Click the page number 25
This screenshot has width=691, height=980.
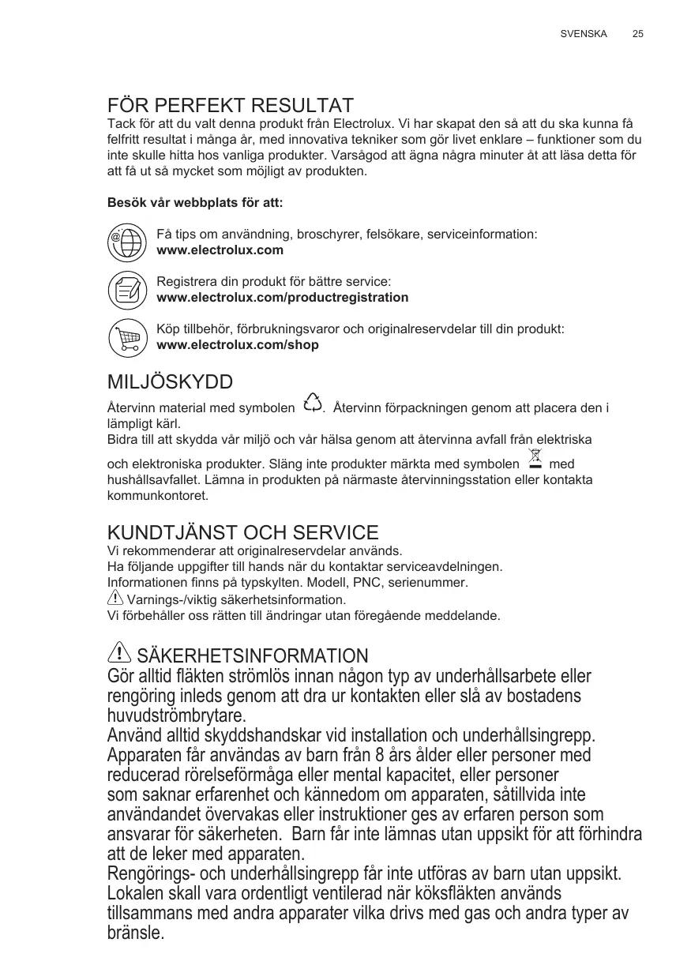pos(637,35)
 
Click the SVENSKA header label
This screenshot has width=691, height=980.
pos(584,35)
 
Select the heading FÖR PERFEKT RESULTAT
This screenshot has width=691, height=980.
pos(230,106)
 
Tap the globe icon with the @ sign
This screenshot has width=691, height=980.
pos(127,242)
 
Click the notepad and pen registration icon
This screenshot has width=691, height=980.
pos(127,290)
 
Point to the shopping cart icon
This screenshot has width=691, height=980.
pos(127,337)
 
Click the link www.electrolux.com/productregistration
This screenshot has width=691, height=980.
pos(283,298)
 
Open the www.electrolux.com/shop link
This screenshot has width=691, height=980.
pos(238,345)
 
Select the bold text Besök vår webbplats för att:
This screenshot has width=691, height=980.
pos(194,203)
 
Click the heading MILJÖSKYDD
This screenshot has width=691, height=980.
pos(170,383)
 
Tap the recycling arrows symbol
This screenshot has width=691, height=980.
pos(313,404)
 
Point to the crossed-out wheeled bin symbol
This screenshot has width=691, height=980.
pos(535,460)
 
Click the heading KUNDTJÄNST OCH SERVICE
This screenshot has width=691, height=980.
pos(242,533)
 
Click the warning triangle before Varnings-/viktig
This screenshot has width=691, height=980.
pos(115,599)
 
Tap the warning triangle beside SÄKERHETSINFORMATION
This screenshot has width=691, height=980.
pos(118,654)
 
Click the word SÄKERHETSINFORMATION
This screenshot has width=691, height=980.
pos(253,656)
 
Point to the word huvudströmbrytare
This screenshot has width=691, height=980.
pos(176,716)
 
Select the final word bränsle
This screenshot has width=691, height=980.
pos(135,933)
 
